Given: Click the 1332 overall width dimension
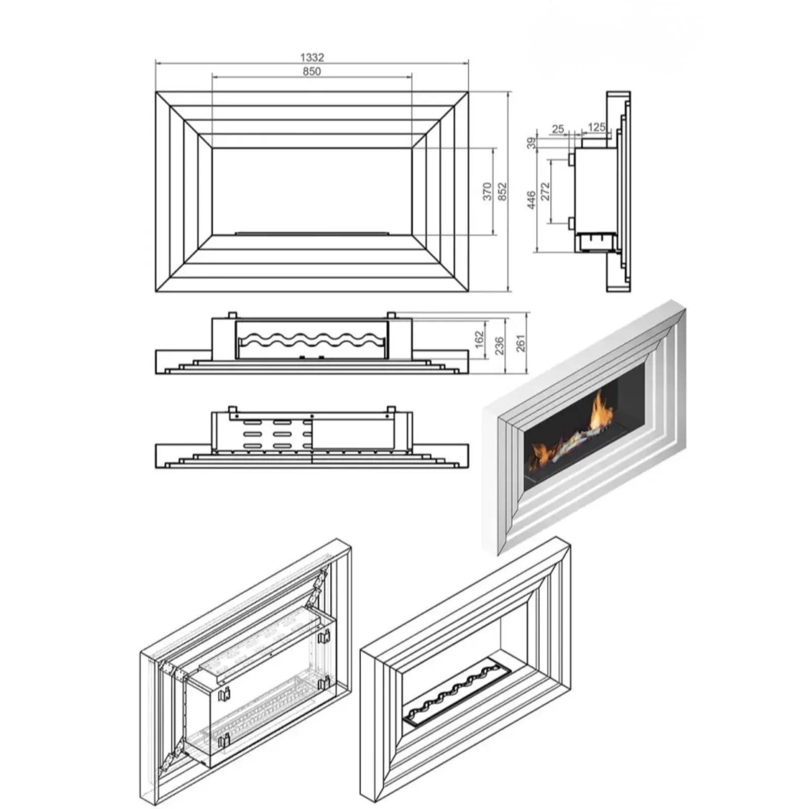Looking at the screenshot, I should pyautogui.click(x=312, y=58).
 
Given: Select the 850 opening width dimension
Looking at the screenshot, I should pyautogui.click(x=312, y=71).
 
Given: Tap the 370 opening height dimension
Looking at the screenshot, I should pyautogui.click(x=487, y=192).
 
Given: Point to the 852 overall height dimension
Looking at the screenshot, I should pyautogui.click(x=502, y=192).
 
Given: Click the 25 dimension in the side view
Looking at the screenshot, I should pyautogui.click(x=558, y=129).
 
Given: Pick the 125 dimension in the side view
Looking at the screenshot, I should pyautogui.click(x=597, y=127).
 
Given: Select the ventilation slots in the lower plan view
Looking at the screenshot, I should pyautogui.click(x=276, y=433).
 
